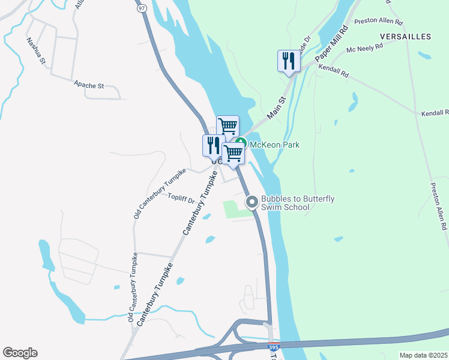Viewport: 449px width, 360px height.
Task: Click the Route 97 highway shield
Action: [x=141, y=9]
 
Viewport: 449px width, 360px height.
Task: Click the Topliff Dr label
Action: [x=181, y=197]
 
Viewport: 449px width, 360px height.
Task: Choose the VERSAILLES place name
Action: [x=405, y=37]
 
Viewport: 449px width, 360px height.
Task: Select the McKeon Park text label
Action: [x=275, y=145]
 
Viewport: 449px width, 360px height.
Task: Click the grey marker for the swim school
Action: [x=252, y=202]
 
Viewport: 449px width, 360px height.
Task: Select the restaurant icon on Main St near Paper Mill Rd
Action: [x=289, y=61]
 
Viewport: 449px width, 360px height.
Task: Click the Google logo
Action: [x=20, y=353]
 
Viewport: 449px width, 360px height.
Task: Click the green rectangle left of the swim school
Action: [x=235, y=209]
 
